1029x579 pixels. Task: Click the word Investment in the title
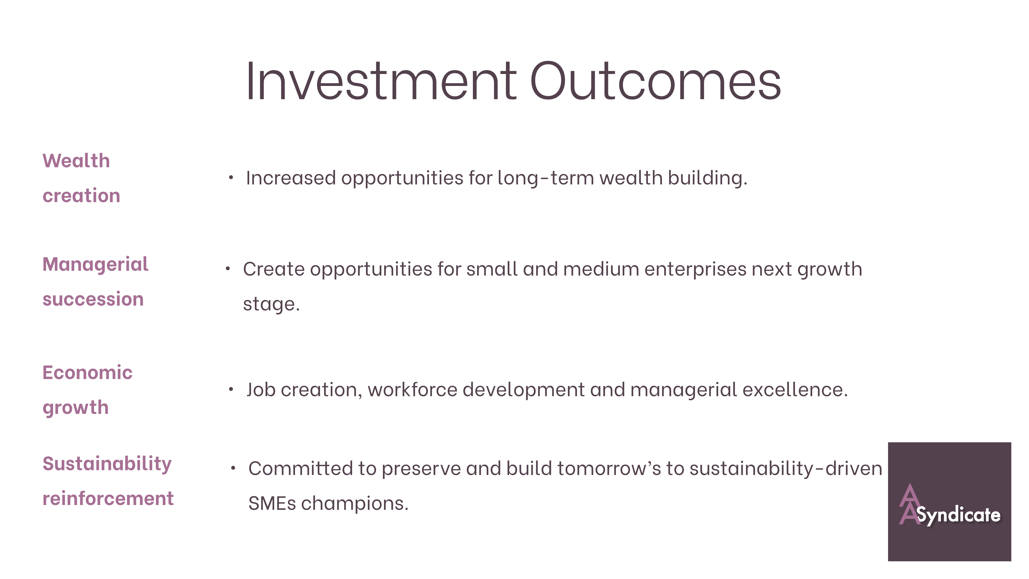[381, 81]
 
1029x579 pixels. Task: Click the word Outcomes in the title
[655, 81]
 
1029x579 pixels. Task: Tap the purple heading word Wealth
[76, 161]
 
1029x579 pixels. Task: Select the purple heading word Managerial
[95, 265]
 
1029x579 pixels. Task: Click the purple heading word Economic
[87, 373]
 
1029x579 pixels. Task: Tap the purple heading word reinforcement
[108, 499]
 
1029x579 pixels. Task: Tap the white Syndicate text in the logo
[959, 515]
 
